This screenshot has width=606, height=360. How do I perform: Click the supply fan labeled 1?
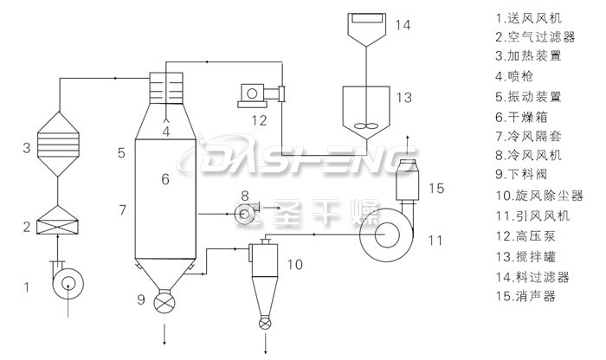(68, 283)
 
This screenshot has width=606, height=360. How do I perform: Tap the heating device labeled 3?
(58, 144)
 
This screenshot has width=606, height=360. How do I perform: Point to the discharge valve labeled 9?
(164, 302)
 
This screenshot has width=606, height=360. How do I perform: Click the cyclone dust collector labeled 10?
(265, 278)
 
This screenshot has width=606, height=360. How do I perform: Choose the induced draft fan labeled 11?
(387, 235)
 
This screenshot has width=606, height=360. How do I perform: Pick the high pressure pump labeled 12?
(261, 95)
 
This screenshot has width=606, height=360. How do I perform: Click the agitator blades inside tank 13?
(365, 126)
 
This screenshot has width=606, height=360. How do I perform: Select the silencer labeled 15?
(408, 180)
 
